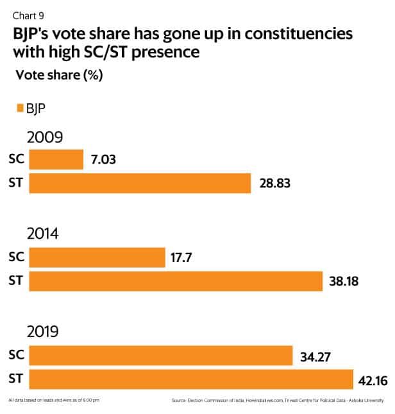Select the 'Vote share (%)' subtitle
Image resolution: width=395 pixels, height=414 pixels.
pyautogui.click(x=59, y=75)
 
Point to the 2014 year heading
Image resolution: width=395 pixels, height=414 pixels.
pyautogui.click(x=44, y=235)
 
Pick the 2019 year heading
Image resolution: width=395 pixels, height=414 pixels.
pyautogui.click(x=44, y=332)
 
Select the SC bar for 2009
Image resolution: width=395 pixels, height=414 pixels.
pyautogui.click(x=56, y=159)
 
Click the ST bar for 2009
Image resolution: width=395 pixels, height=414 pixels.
pyautogui.click(x=140, y=184)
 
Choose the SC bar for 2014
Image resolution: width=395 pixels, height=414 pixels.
pyautogui.click(x=97, y=257)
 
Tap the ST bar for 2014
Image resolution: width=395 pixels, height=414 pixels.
pyautogui.click(x=176, y=281)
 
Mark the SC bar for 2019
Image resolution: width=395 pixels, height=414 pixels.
pyautogui.click(x=160, y=355)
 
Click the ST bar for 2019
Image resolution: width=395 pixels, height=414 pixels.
pyautogui.click(x=191, y=379)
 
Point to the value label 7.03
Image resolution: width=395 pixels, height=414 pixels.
pyautogui.click(x=104, y=159)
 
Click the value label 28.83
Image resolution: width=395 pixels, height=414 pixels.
pyautogui.click(x=274, y=184)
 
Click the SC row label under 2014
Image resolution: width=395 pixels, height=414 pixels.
pyautogui.click(x=16, y=257)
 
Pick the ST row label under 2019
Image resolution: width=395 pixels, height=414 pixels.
pyautogui.click(x=16, y=379)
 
